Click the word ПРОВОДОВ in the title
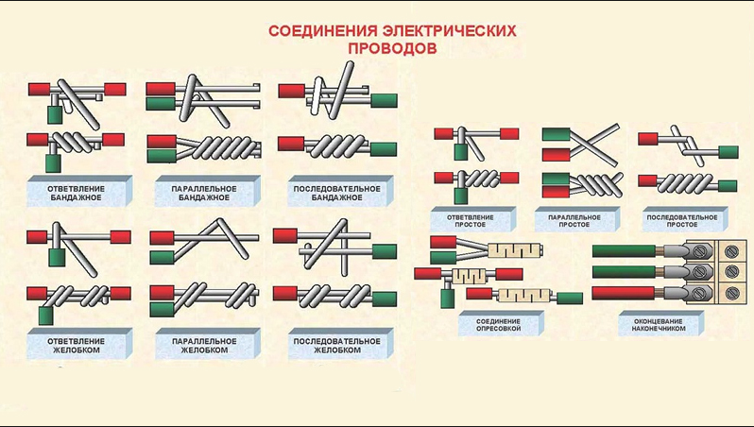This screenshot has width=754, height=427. click(x=392, y=48)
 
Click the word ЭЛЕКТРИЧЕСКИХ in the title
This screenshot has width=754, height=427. click(x=449, y=31)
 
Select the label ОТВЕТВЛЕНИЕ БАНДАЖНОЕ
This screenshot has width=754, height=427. click(x=76, y=194)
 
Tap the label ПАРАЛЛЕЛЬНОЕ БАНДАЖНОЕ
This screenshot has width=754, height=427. click(x=204, y=194)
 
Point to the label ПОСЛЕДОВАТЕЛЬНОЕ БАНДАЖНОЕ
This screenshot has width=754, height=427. click(x=336, y=194)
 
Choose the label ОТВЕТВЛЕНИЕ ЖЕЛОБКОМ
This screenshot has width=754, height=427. click(x=76, y=346)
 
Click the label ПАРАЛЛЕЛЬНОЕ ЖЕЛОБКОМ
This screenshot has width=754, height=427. click(x=204, y=346)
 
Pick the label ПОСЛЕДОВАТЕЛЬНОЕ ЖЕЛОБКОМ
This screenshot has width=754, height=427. click(x=336, y=346)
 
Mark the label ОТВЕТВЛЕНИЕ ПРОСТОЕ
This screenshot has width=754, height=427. click(x=470, y=221)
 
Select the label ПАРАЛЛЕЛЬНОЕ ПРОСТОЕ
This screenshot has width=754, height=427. click(x=574, y=221)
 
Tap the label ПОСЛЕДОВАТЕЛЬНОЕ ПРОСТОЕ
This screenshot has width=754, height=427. click(x=682, y=221)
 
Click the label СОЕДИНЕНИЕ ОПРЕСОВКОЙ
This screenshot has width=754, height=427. click(x=498, y=325)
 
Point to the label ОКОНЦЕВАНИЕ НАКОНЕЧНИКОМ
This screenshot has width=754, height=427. click(x=659, y=325)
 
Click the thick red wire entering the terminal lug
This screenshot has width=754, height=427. click(x=624, y=293)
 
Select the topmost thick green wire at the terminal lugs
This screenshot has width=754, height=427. click(x=624, y=251)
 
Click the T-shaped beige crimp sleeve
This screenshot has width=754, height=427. click(x=467, y=276)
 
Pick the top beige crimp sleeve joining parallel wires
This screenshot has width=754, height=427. click(x=515, y=250)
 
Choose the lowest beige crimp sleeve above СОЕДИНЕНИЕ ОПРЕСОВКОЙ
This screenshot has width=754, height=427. click(x=524, y=296)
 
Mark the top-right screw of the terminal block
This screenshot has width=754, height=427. click(x=731, y=250)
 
